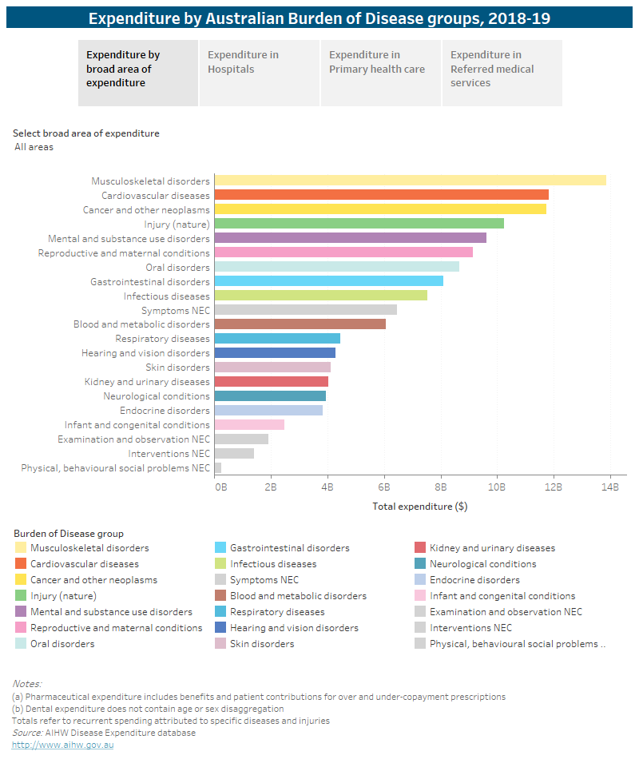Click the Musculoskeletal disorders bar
410,181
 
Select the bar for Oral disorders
336,267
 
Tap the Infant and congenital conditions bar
249,424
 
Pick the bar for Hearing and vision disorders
275,353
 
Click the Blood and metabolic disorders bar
300,324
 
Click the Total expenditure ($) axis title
420,507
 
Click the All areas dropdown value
34,147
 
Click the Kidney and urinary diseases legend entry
492,548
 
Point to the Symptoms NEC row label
175,310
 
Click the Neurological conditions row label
156,396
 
